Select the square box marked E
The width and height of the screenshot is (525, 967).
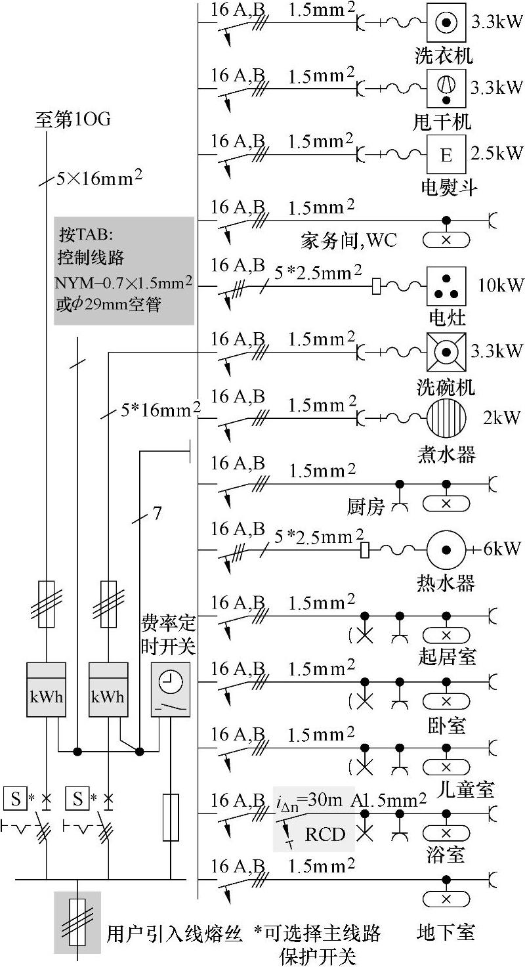[x=446, y=156]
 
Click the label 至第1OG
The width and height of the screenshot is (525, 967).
[x=72, y=120]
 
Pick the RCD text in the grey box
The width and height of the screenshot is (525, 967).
[x=325, y=834]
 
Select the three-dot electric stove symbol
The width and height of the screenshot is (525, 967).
[x=446, y=286]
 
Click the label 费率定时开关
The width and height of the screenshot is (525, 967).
[x=168, y=634]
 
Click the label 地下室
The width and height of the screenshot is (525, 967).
[x=446, y=932]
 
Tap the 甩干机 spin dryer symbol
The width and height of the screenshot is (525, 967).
[x=446, y=89]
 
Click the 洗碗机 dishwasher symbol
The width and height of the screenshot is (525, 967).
[x=446, y=352]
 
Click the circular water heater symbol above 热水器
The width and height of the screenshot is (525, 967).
[x=446, y=549]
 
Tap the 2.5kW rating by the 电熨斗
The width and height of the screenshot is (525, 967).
[x=497, y=154]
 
